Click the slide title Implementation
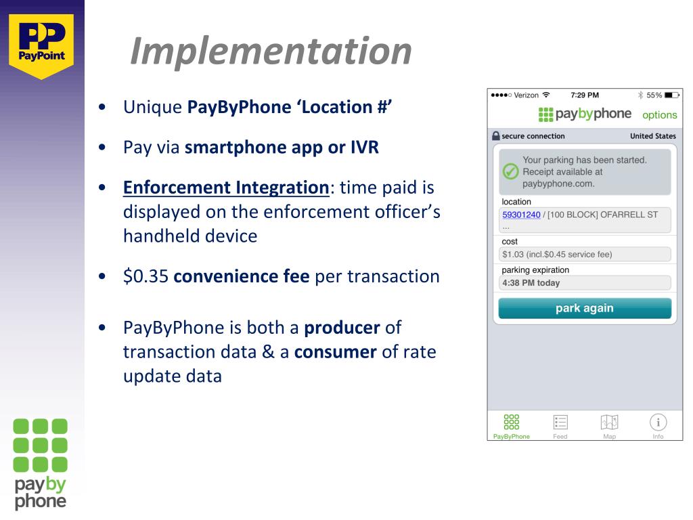(x=271, y=51)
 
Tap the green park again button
(x=584, y=308)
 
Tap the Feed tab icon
(x=560, y=422)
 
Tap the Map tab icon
(x=609, y=422)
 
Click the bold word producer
(x=342, y=328)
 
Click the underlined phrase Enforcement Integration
(x=226, y=188)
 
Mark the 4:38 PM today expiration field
(x=584, y=283)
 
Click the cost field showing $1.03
(x=584, y=255)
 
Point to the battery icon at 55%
(x=669, y=95)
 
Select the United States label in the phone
(x=652, y=136)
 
